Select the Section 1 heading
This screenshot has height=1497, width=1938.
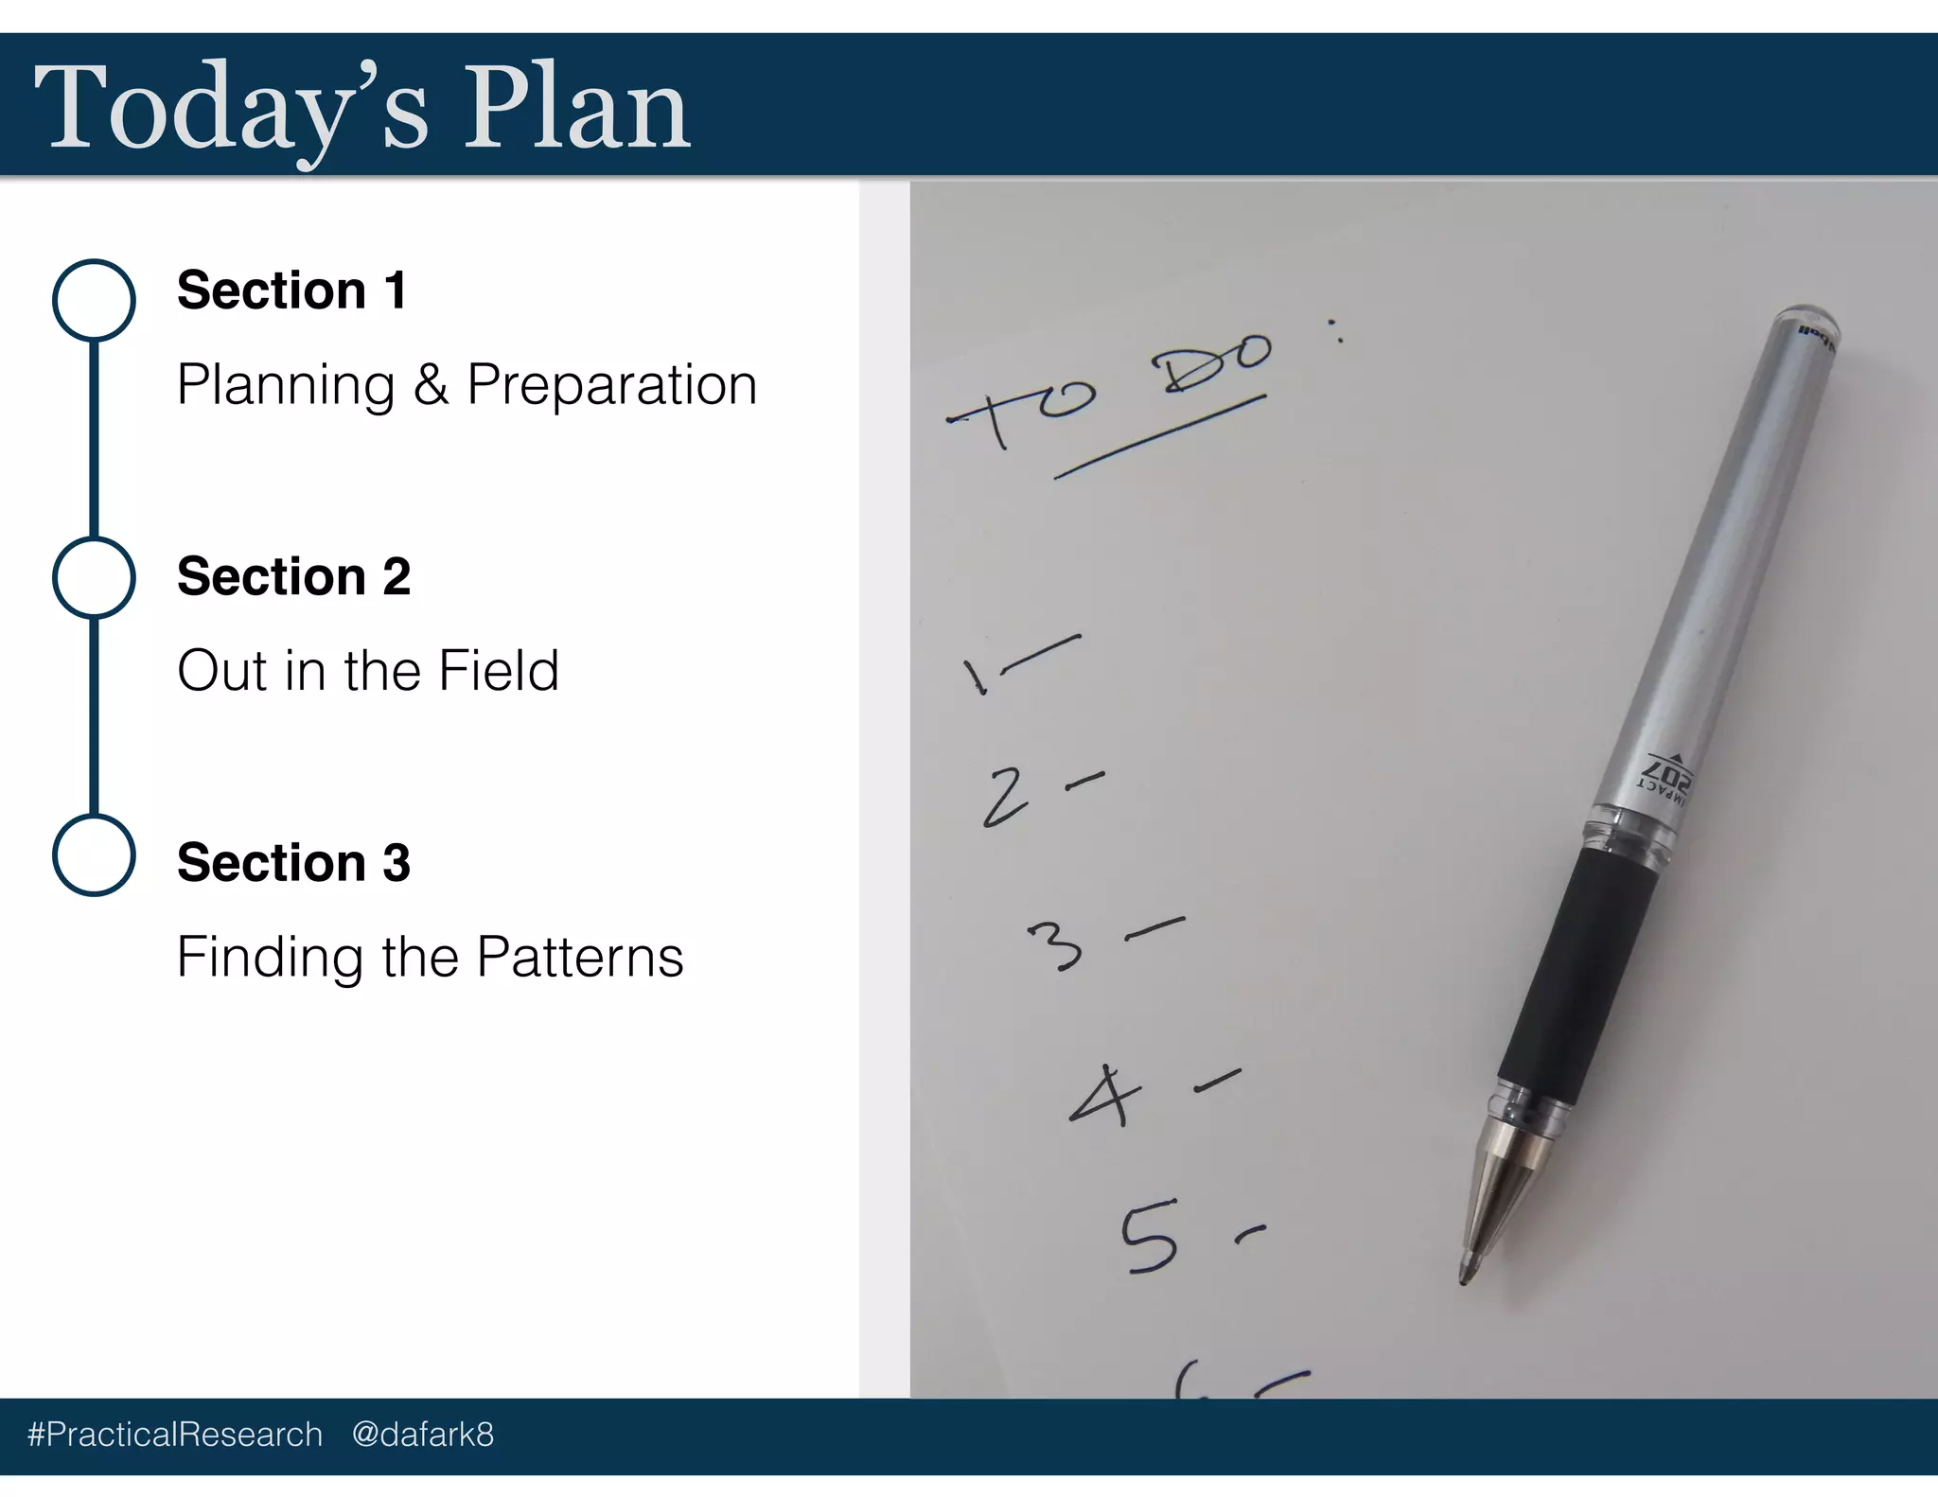tap(291, 291)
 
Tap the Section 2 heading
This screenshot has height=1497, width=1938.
tap(293, 576)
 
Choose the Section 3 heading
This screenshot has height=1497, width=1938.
tap(293, 863)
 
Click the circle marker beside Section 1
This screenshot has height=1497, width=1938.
tap(94, 299)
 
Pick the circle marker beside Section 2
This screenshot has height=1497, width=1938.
tap(94, 577)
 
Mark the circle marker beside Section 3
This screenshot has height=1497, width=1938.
tap(94, 854)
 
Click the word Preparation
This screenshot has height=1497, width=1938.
tap(612, 385)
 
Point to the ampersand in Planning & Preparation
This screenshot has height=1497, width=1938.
tap(431, 385)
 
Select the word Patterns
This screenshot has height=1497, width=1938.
tap(579, 957)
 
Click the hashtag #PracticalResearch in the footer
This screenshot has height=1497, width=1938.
tap(175, 1435)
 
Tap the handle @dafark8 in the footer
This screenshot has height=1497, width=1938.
tap(422, 1435)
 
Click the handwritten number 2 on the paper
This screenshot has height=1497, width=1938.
tap(1005, 797)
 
